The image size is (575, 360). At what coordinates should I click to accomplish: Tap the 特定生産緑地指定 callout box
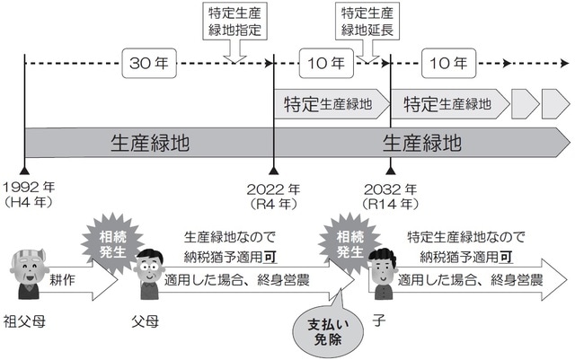234,22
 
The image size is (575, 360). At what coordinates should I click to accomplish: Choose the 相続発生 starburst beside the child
347,242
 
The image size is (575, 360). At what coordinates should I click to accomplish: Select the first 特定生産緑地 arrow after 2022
331,103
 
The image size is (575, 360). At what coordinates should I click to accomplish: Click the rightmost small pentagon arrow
554,103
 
